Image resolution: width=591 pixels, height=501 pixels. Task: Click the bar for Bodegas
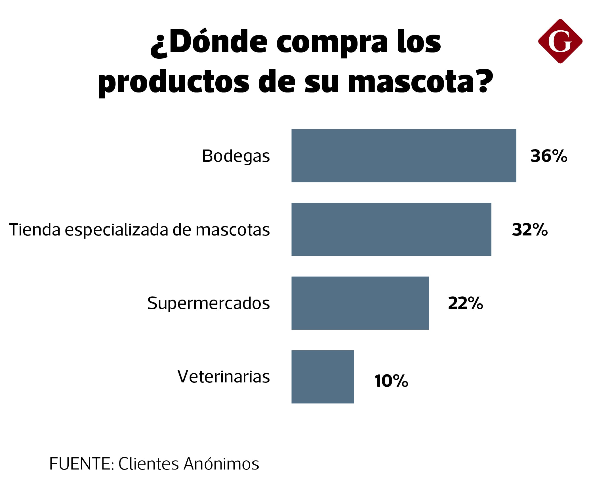pos(403,156)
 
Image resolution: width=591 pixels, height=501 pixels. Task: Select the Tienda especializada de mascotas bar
pos(391,229)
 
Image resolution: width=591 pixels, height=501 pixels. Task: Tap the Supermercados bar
pos(360,303)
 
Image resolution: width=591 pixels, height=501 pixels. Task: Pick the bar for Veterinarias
pos(322,377)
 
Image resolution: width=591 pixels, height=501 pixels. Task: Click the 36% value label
pos(548,156)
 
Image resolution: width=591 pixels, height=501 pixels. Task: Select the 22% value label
pos(465,303)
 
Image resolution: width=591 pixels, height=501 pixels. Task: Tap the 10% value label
pos(391,381)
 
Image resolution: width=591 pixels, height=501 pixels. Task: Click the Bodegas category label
pos(236,156)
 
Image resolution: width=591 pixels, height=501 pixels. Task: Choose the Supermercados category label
pos(209,303)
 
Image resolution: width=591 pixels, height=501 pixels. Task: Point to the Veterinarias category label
pos(224,377)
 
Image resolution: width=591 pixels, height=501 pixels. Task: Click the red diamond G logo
pos(560,41)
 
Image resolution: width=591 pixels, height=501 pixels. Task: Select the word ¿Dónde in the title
pos(209,43)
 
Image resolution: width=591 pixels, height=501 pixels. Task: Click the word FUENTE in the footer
pos(80,464)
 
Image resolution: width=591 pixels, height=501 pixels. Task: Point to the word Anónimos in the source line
pos(221,464)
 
